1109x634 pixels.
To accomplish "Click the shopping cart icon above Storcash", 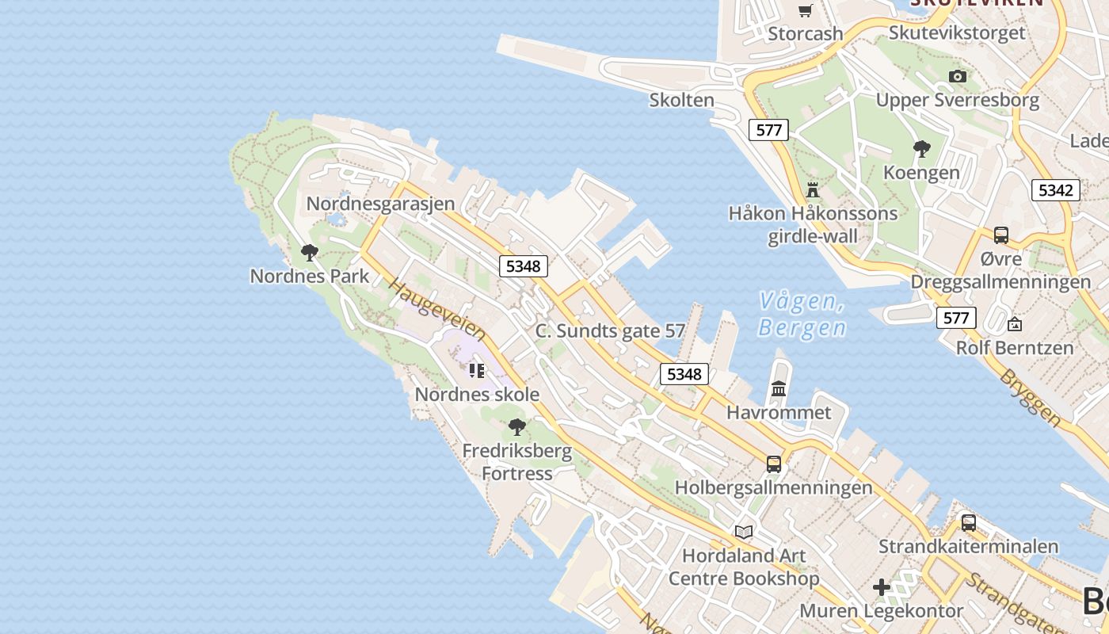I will (806, 10).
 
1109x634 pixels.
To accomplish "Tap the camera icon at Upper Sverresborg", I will (958, 76).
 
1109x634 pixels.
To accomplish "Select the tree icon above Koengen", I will (921, 148).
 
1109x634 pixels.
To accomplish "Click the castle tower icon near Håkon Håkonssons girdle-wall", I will (813, 189).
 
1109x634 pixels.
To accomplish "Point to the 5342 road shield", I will (1055, 190).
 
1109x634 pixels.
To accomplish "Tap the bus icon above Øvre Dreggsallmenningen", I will (1001, 235).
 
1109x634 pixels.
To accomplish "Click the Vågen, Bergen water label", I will (801, 314).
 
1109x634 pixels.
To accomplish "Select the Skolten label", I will (681, 101).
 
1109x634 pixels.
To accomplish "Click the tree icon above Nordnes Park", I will (310, 253).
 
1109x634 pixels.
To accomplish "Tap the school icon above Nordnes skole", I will (476, 370).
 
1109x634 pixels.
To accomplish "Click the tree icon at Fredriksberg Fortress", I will (517, 427).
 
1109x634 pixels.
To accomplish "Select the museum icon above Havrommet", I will (779, 388).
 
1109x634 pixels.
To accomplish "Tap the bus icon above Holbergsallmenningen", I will (774, 464).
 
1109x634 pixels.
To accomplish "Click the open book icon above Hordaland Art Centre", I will (744, 532).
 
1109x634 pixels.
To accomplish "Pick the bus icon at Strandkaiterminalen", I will (968, 523).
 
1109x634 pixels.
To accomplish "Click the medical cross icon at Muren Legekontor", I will (882, 587).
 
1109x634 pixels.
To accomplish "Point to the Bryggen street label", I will (1031, 397).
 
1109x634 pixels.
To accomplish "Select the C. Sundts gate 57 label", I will (610, 331).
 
